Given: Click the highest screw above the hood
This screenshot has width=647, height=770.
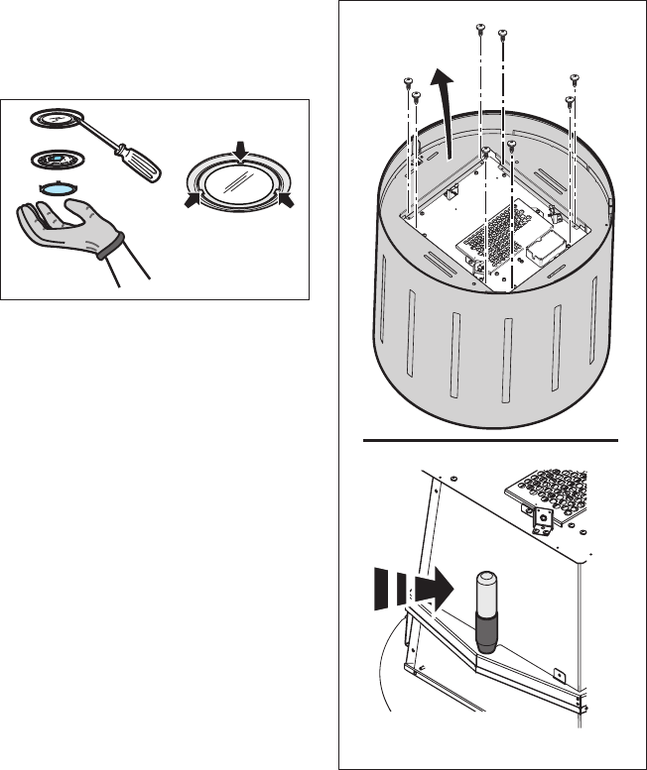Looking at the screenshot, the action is pyautogui.click(x=480, y=27).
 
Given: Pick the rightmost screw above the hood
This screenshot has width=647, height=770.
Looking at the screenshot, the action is pyautogui.click(x=574, y=78).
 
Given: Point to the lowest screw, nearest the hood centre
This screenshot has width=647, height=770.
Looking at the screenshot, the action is pyautogui.click(x=510, y=145).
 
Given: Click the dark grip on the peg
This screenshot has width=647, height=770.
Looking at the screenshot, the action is pyautogui.click(x=486, y=630).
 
